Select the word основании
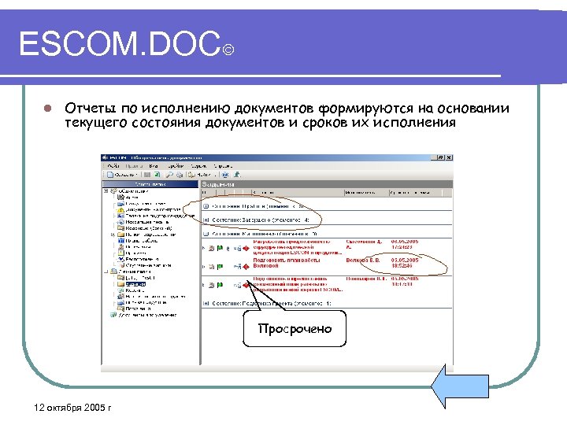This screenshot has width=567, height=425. click(472, 108)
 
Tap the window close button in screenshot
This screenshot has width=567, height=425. click(450, 157)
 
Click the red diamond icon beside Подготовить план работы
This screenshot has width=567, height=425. click(245, 266)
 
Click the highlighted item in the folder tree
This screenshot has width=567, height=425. click(135, 284)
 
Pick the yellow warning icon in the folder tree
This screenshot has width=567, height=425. click(120, 210)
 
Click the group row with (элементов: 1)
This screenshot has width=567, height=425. click(268, 303)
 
